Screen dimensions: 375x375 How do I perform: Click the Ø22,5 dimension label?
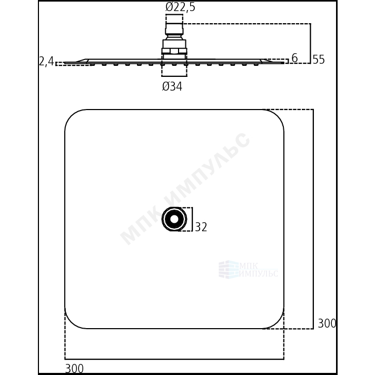pyautogui.click(x=180, y=7)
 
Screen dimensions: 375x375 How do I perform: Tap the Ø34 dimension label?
pyautogui.click(x=172, y=86)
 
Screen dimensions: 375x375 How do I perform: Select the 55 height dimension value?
pyautogui.click(x=319, y=60)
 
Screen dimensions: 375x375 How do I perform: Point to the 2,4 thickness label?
pyautogui.click(x=47, y=62)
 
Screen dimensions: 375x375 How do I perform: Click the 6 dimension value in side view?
pyautogui.click(x=294, y=58)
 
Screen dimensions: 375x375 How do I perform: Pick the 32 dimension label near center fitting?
pyautogui.click(x=201, y=227)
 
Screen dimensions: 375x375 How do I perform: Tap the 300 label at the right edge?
pyautogui.click(x=327, y=323)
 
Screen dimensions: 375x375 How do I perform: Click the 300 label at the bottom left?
pyautogui.click(x=74, y=369)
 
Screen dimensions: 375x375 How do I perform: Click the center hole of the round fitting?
pyautogui.click(x=174, y=219)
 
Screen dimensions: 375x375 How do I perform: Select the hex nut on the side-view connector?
pyautogui.click(x=174, y=51)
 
